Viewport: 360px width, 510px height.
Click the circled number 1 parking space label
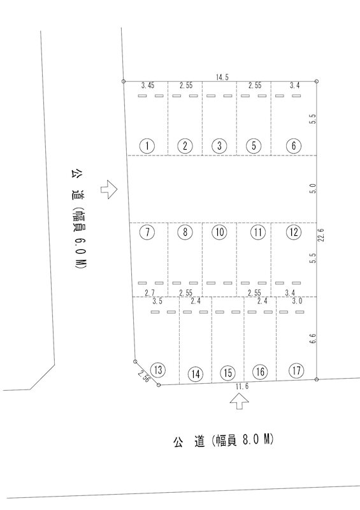148,146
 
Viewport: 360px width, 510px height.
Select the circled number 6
294,145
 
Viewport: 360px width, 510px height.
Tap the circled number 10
220,232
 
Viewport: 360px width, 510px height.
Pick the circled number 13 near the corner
159,370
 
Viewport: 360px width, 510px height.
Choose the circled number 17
296,371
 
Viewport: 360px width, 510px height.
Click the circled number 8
185,232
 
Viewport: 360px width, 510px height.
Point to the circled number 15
227,373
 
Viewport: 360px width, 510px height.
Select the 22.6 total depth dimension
322,234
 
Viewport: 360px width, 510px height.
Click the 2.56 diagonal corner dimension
143,376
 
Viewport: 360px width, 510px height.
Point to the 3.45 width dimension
148,85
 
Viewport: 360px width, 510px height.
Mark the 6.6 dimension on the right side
313,339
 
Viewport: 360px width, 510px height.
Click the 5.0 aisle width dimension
313,189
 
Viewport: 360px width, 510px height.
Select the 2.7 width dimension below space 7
150,293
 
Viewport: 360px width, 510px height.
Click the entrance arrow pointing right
108,189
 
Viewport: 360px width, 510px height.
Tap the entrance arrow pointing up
240,402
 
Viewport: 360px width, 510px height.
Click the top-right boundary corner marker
317,82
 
